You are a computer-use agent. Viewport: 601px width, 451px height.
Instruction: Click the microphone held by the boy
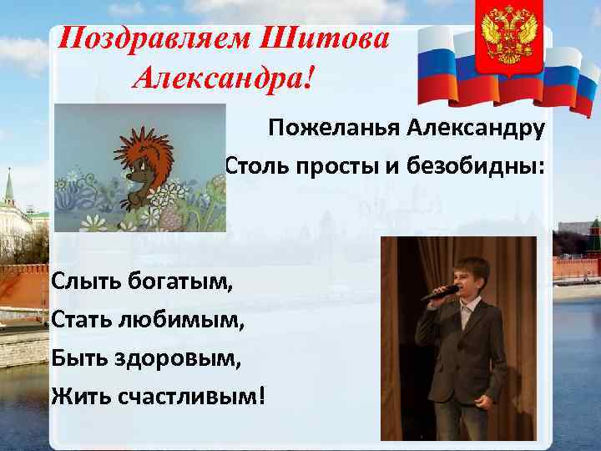(x=437, y=293)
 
